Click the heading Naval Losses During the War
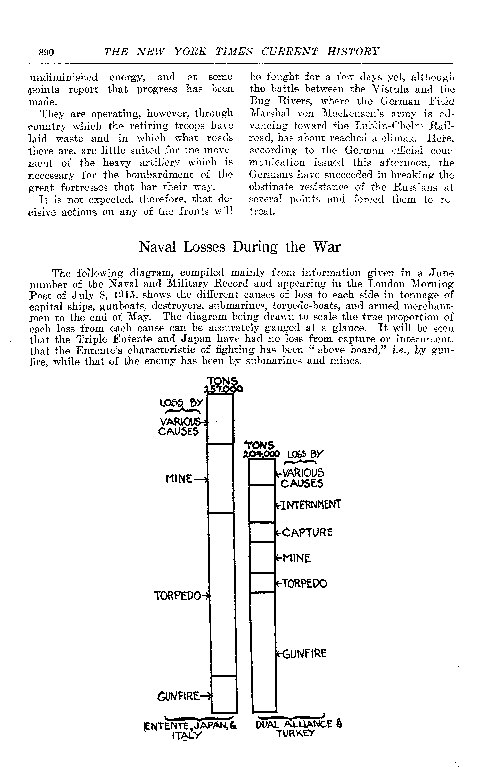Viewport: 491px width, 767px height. pyautogui.click(x=240, y=247)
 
